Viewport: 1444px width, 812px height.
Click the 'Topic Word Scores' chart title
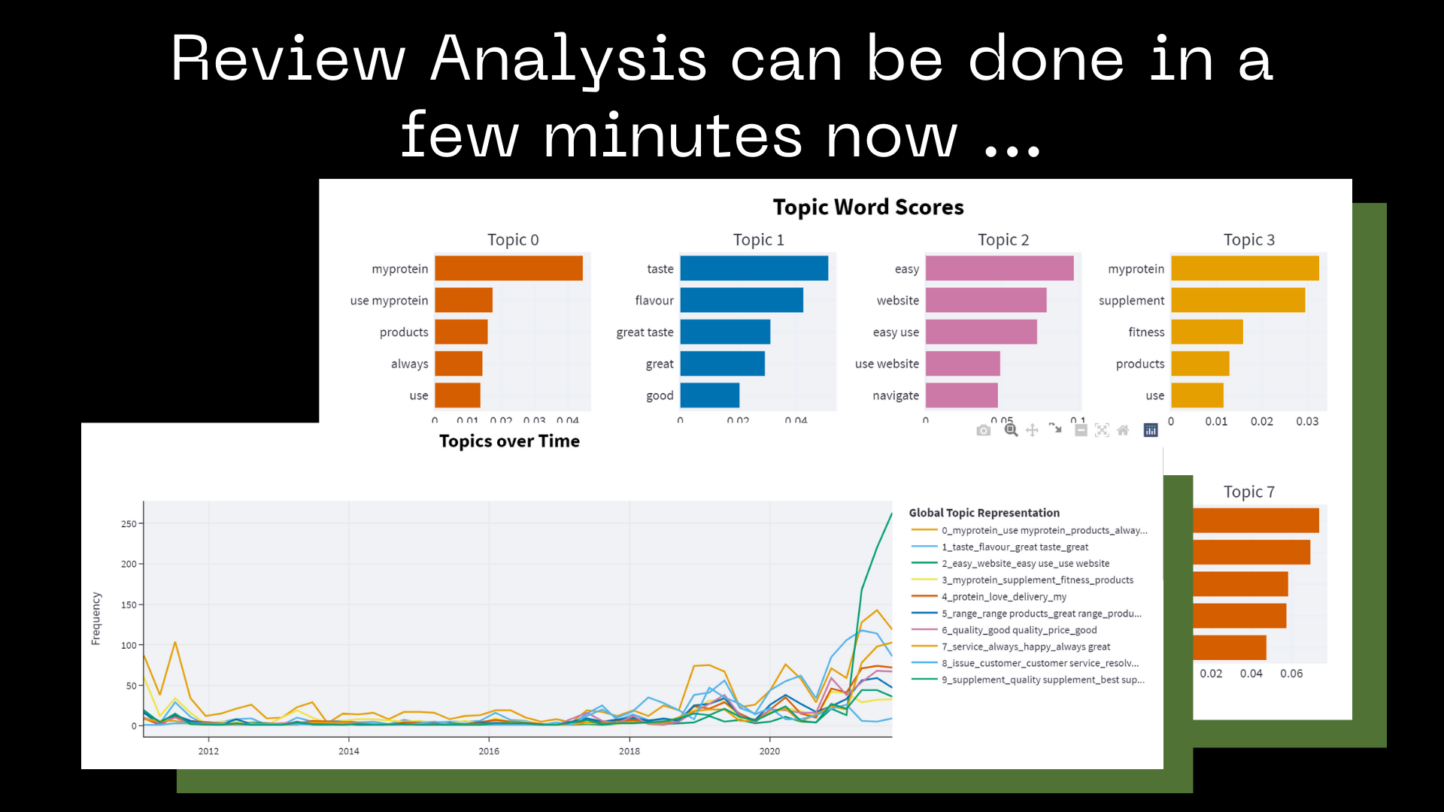click(868, 207)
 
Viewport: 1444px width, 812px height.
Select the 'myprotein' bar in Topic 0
click(508, 268)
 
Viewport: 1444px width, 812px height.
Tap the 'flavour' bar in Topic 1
click(741, 300)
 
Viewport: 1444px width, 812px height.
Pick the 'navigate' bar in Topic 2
click(961, 395)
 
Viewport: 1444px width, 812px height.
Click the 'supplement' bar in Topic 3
click(1237, 300)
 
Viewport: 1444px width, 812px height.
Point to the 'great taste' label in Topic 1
click(645, 332)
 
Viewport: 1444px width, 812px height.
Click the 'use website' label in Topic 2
click(887, 364)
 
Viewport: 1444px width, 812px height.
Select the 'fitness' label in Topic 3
click(1145, 332)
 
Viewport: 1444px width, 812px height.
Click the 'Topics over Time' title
click(509, 441)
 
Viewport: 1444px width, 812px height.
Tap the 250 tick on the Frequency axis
click(129, 524)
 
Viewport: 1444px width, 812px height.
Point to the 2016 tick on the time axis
click(489, 751)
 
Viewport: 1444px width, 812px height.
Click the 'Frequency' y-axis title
click(96, 618)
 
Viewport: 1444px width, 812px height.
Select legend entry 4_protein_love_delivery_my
click(1003, 597)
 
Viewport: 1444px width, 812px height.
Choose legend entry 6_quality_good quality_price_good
click(1018, 630)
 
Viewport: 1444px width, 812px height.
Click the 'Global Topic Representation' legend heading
click(984, 513)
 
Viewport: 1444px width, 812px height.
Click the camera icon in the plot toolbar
click(983, 430)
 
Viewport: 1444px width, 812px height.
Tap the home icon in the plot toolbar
click(1123, 430)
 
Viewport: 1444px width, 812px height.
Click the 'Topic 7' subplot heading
click(1248, 492)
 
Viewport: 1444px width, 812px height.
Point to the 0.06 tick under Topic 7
click(1291, 674)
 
